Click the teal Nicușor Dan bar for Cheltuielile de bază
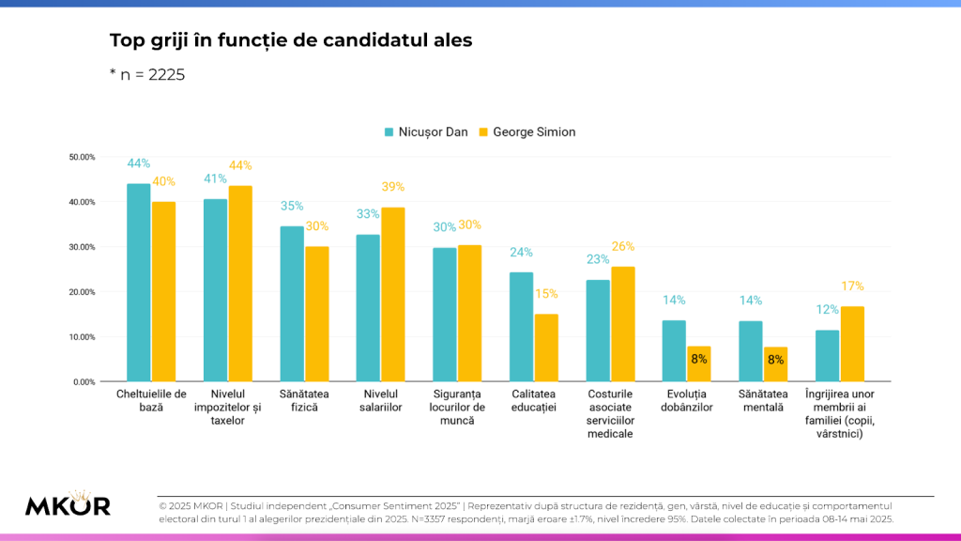(139, 282)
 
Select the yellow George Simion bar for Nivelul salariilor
(392, 294)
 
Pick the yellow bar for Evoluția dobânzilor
(699, 363)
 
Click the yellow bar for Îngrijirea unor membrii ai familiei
(852, 344)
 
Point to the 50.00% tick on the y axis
(83, 157)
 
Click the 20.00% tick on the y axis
(83, 292)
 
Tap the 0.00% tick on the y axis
(84, 382)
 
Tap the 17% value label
(852, 286)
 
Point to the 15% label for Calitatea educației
(546, 294)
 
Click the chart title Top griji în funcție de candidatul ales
(291, 40)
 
